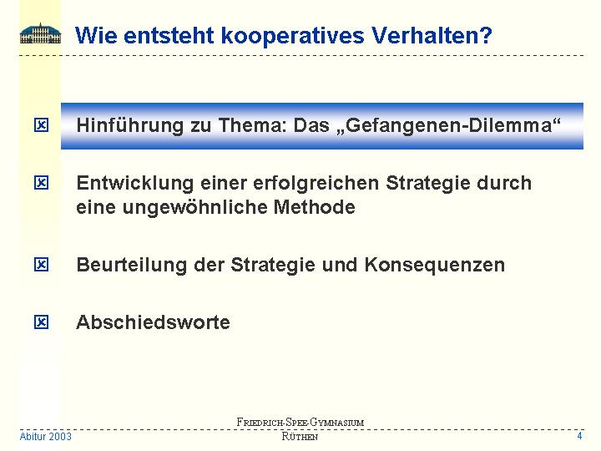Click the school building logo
(40, 33)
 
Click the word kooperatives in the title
(292, 36)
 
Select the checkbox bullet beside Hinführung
(42, 125)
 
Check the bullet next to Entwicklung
(42, 183)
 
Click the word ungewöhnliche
(194, 207)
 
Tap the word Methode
(315, 207)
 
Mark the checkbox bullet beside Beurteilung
(42, 265)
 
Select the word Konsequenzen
(434, 265)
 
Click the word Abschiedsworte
(153, 322)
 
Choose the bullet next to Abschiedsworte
(42, 322)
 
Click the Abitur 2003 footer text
(46, 437)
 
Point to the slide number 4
(579, 436)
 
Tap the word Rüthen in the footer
(300, 437)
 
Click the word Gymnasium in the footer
(337, 423)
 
